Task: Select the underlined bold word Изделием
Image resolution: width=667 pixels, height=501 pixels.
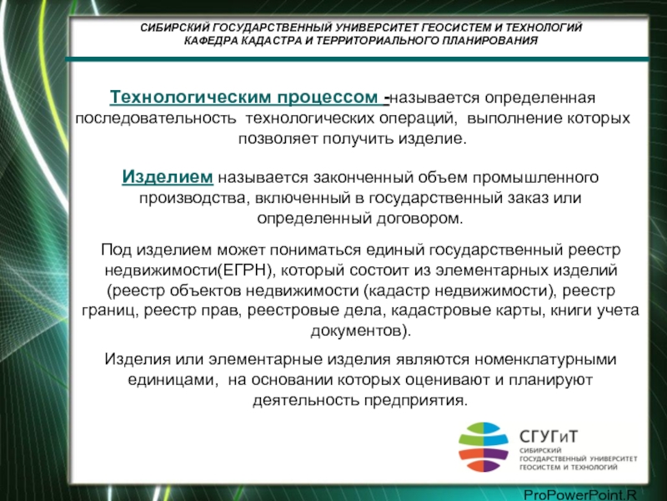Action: pos(168,177)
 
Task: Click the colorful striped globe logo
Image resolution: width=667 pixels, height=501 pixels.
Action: pos(484,447)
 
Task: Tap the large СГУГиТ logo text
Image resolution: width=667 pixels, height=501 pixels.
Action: pos(549,437)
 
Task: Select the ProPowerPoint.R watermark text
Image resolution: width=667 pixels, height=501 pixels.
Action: pos(579,495)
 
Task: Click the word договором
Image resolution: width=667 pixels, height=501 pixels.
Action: pos(419,219)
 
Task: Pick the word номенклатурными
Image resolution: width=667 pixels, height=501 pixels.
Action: pos(545,359)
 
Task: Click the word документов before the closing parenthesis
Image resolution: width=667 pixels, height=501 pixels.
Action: pos(356,331)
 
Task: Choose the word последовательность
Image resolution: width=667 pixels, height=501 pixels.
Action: pos(156,118)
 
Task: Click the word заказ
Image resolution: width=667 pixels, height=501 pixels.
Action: pos(528,198)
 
